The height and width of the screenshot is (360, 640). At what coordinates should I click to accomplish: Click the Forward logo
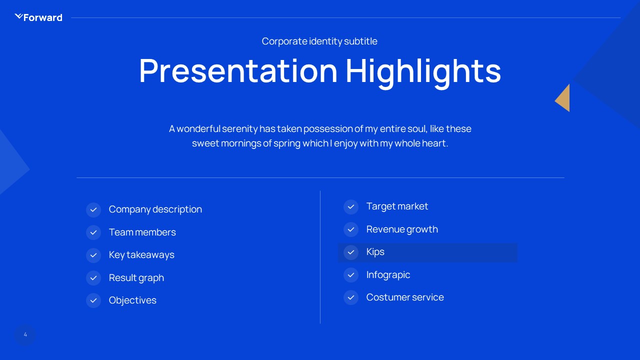[x=38, y=17]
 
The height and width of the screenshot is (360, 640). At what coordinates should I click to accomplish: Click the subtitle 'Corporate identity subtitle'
[x=319, y=41]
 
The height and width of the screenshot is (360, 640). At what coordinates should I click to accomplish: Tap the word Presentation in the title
[x=238, y=70]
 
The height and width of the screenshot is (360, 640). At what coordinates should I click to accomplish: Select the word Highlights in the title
[x=423, y=70]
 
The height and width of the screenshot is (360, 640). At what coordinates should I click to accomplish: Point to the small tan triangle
[x=563, y=98]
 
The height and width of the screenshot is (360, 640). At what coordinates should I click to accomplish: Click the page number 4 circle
[x=25, y=335]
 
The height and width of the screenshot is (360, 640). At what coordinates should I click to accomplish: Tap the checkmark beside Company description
[x=93, y=209]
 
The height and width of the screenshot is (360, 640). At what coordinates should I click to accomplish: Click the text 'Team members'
[x=142, y=232]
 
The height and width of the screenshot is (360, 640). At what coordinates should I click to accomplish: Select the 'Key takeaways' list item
[x=141, y=254]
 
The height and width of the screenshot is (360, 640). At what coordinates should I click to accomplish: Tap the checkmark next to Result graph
[x=93, y=277]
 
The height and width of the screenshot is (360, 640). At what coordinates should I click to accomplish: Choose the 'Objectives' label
[x=132, y=300]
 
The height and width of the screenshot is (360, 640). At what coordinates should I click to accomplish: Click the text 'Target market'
[x=397, y=206]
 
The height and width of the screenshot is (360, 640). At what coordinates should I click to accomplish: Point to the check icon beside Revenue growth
[x=351, y=229]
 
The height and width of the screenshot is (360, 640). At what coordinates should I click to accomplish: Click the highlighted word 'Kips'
[x=375, y=252]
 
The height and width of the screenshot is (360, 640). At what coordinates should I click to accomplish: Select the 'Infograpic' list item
[x=388, y=274]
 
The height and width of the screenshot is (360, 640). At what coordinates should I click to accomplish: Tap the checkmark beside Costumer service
[x=351, y=297]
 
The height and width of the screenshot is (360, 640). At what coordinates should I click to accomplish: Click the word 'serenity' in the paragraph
[x=239, y=128]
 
